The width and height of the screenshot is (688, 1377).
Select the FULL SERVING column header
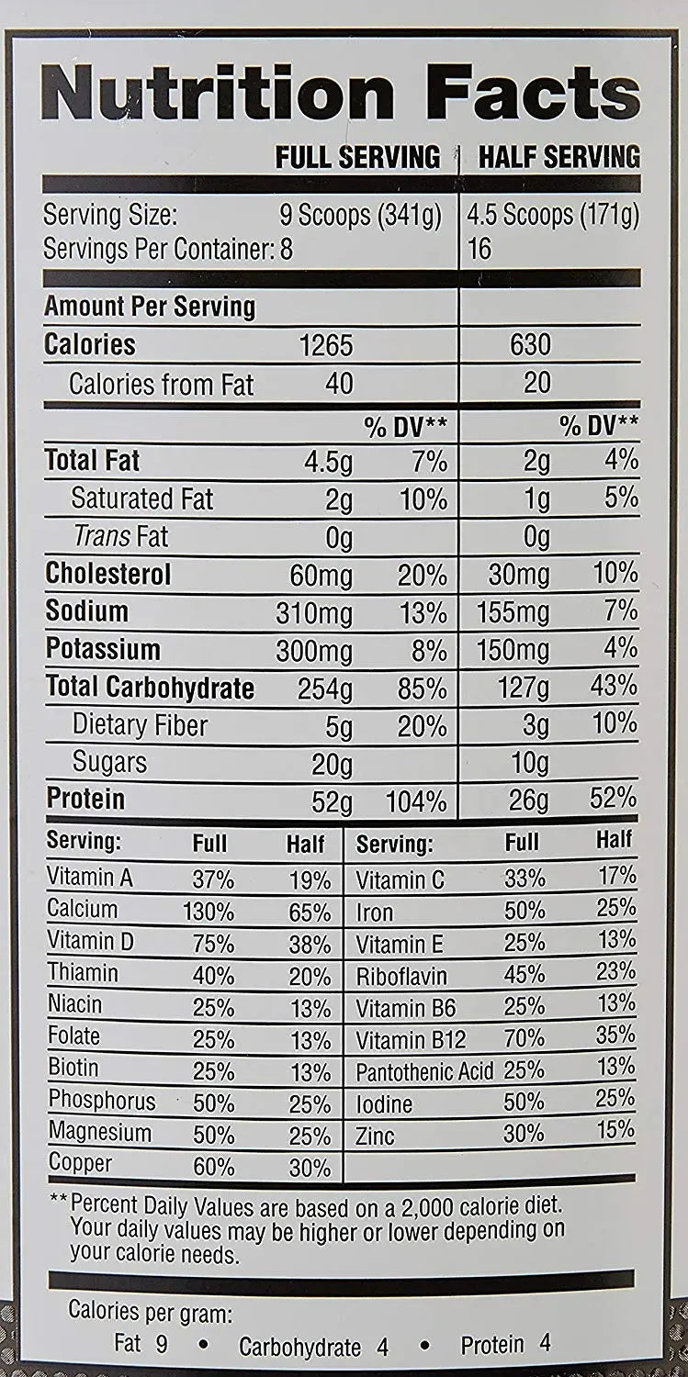click(358, 157)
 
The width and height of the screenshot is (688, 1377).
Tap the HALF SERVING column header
click(559, 157)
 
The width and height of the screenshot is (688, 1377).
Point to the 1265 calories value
click(326, 345)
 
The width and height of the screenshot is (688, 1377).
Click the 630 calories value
click(530, 345)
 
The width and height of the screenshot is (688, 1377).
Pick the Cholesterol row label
click(108, 575)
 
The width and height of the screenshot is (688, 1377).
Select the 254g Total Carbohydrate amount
click(325, 688)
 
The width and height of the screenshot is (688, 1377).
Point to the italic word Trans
click(102, 537)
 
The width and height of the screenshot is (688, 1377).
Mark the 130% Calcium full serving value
click(213, 912)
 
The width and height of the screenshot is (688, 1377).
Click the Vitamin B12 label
click(411, 1040)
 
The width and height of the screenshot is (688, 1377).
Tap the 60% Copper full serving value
click(213, 1168)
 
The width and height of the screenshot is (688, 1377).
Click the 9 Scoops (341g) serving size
click(360, 217)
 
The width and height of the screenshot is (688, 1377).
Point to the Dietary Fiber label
click(140, 726)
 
